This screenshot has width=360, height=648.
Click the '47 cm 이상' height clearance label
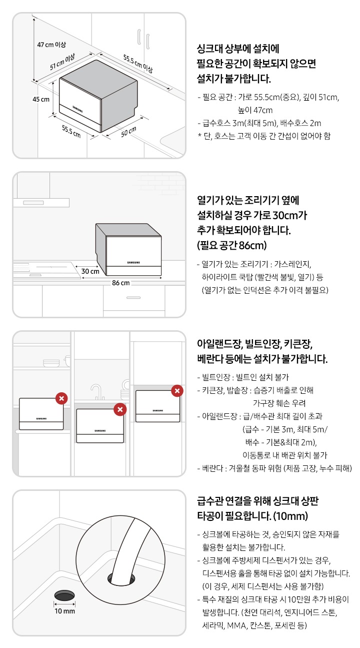point(51,45)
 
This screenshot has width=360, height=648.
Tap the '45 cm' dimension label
point(40,99)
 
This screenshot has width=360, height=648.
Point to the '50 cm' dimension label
point(128,133)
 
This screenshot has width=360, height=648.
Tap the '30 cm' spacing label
point(90,271)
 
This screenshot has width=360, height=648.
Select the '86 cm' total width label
point(120,283)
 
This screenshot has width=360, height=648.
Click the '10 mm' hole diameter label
point(64,611)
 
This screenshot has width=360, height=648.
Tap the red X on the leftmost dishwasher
point(61,398)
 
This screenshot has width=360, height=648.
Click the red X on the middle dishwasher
point(120,409)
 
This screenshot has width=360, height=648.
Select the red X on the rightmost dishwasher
point(177,391)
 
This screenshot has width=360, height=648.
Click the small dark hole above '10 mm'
point(64,595)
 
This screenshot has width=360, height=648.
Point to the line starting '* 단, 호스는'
point(264,135)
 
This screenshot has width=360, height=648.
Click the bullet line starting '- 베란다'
point(274,468)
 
